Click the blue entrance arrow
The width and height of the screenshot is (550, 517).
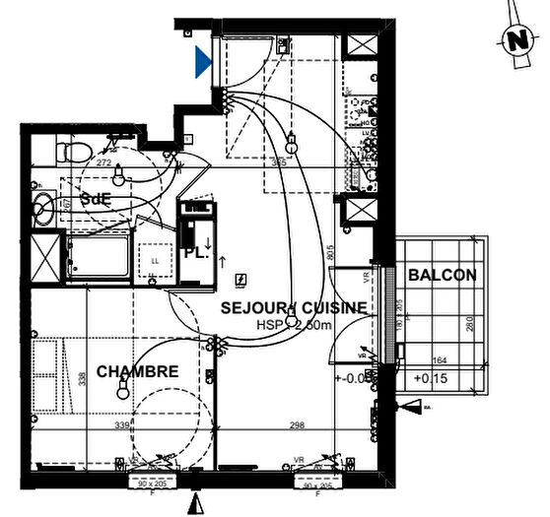[x=202, y=63]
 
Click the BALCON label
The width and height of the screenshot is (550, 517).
[x=442, y=276]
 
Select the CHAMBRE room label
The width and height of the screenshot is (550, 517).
[x=137, y=371]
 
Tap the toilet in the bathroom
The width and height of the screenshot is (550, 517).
[x=69, y=151]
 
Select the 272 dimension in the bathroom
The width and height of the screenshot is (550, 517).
[x=103, y=162]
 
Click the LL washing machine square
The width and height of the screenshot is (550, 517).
[x=155, y=261]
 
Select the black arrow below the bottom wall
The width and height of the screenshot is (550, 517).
[x=200, y=504]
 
